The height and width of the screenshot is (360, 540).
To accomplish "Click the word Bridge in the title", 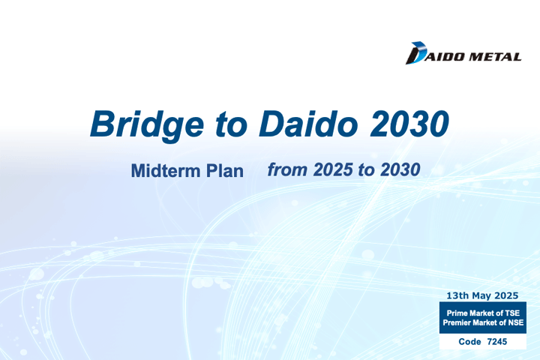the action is coord(147,125).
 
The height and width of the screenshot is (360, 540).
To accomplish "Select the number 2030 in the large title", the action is coord(409,124).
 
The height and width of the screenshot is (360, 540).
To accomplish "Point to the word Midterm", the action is coord(166,170).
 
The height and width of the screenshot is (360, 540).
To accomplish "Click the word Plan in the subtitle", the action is coord(225,170).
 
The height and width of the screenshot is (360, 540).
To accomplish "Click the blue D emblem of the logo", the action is coord(416,53).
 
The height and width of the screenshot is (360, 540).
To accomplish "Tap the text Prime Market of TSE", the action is coord(483,313).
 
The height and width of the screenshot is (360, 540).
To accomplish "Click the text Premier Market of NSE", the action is coord(483,322).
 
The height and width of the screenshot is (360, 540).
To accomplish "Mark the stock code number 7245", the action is coord(497,342).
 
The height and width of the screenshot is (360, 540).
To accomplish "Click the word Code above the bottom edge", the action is coord(469,342).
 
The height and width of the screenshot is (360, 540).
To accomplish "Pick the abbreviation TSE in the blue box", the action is coord(512,313).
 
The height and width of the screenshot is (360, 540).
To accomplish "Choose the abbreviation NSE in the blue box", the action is coord(516,322).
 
